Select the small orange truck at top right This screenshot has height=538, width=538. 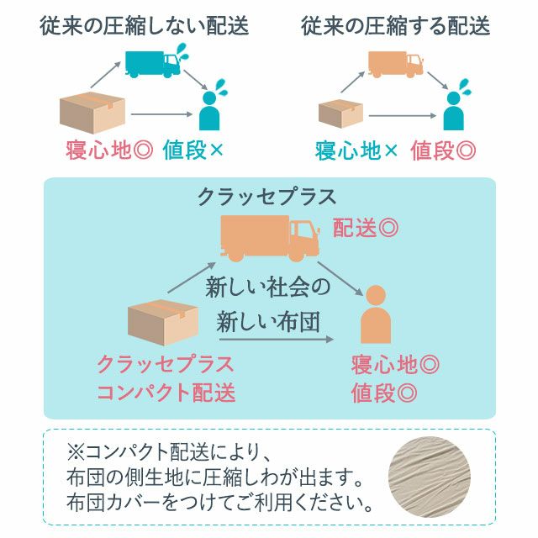tap(395, 65)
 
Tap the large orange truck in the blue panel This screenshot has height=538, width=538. tap(270, 239)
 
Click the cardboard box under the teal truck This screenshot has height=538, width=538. tap(92, 112)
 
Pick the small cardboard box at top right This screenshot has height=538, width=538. tap(340, 113)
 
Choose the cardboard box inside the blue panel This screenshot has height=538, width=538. tap(162, 323)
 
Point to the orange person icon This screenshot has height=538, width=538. tap(376, 314)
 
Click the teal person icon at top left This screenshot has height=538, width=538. tap(209, 111)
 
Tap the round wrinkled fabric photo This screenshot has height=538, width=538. tap(430, 477)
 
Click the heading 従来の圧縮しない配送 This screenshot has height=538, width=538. tap(144, 26)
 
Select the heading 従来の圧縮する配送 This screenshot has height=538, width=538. tap(395, 26)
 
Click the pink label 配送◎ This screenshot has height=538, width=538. tap(366, 228)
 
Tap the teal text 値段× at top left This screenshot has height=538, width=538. tap(193, 150)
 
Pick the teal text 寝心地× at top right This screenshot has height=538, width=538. tap(356, 150)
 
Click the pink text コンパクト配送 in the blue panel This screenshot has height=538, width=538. tap(166, 393)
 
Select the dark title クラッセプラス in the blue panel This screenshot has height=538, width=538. tap(267, 197)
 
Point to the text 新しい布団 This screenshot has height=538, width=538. tap(268, 322)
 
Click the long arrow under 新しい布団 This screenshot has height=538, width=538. tap(277, 340)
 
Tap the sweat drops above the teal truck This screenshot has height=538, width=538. tap(182, 52)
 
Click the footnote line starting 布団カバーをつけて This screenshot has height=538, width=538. tap(219, 503)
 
